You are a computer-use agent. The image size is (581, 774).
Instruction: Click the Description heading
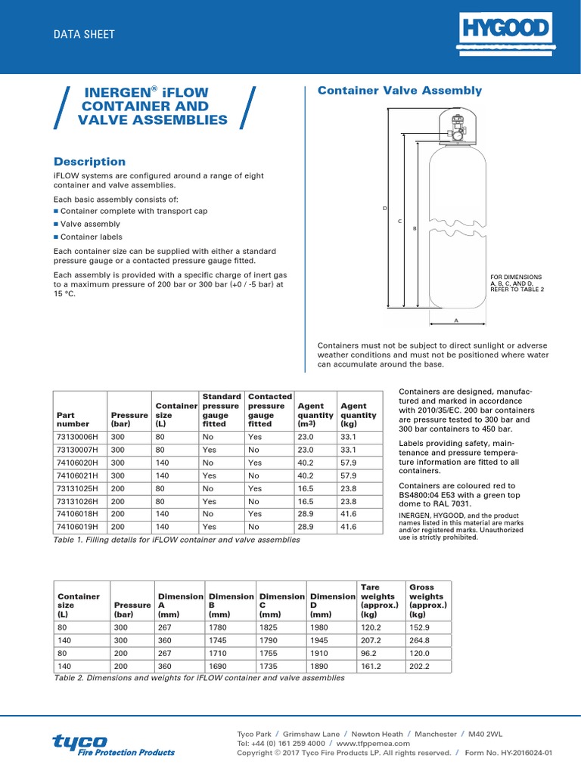click(89, 162)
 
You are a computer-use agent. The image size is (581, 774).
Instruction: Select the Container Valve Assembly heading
click(399, 91)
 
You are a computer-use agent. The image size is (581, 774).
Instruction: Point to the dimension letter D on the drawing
click(385, 208)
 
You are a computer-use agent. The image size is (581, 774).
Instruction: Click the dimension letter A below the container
click(456, 320)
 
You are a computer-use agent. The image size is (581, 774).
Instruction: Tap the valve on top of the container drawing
click(457, 129)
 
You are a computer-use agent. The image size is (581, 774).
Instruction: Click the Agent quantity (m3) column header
click(315, 415)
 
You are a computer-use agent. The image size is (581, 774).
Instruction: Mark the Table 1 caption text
click(177, 540)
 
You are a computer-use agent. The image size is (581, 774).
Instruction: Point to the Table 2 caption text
click(198, 678)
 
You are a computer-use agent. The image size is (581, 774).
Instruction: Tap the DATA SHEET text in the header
click(83, 34)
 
